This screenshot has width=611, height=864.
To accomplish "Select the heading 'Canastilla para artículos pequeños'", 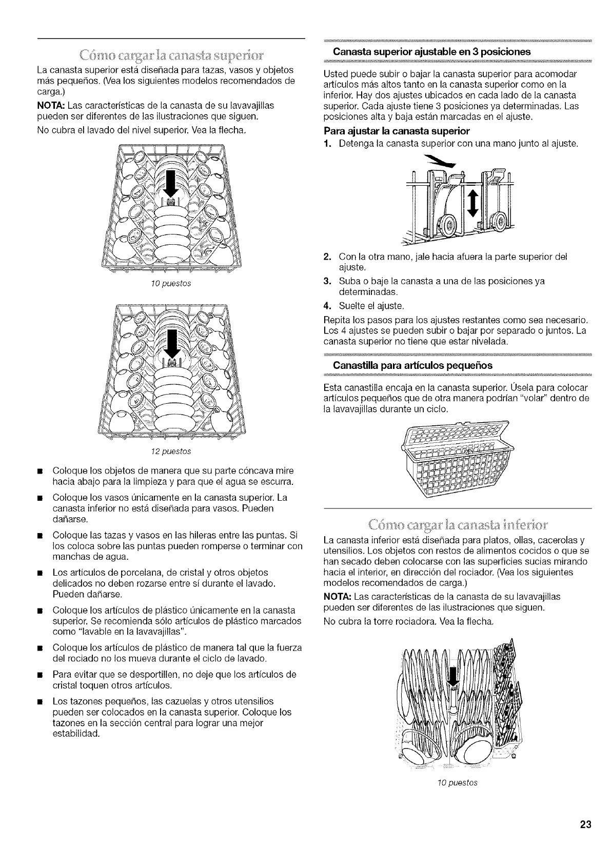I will coord(412,365).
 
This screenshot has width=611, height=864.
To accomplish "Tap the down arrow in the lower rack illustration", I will coord(452,677).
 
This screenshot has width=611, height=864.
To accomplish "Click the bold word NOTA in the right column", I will coord(336,597).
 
